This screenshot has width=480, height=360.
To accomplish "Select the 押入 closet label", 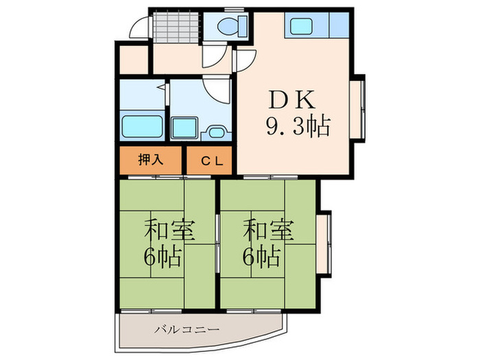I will [x=151, y=160].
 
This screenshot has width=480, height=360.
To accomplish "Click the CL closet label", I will [x=209, y=161].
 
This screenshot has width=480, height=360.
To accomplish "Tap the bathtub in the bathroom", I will [x=142, y=127].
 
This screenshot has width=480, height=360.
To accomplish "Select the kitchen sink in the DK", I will [x=302, y=26].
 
